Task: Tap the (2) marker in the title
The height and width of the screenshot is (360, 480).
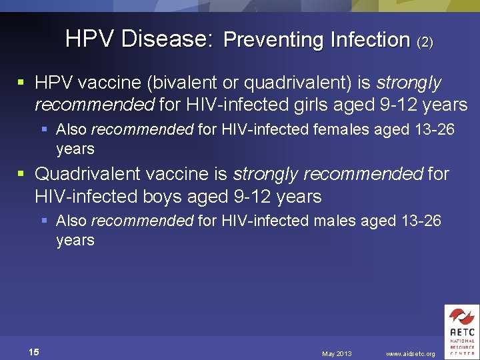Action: pyautogui.click(x=425, y=42)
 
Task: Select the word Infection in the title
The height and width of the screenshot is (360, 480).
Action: pyautogui.click(x=370, y=40)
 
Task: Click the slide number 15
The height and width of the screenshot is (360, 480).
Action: pyautogui.click(x=34, y=352)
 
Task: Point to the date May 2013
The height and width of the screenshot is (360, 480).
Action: pyautogui.click(x=337, y=353)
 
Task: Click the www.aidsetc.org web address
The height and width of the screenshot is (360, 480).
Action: pyautogui.click(x=411, y=353)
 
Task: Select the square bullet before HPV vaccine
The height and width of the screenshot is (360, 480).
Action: pyautogui.click(x=21, y=83)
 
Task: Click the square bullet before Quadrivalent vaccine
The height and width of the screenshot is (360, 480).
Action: pyautogui.click(x=21, y=175)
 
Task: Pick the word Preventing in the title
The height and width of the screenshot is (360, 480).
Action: pyautogui.click(x=273, y=40)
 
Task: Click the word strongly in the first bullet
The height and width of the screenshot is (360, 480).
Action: pyautogui.click(x=409, y=83)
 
